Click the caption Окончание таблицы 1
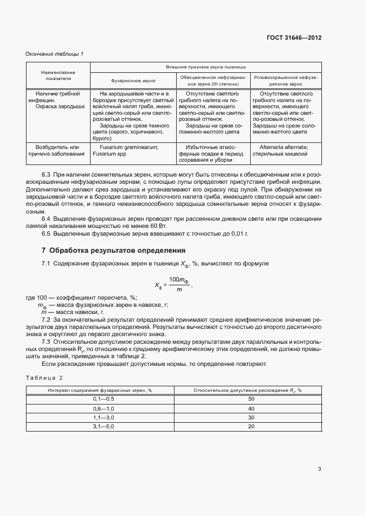coord(55,54)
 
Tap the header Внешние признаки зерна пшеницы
coord(205,66)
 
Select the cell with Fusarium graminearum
coord(132,151)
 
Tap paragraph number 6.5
coord(46,233)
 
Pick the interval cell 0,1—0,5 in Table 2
coord(100,398)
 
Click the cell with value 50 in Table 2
coord(251,398)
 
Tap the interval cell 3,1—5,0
coord(100,427)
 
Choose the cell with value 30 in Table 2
coord(251,417)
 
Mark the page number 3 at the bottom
coord(319,469)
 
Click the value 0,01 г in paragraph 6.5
coord(240,233)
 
